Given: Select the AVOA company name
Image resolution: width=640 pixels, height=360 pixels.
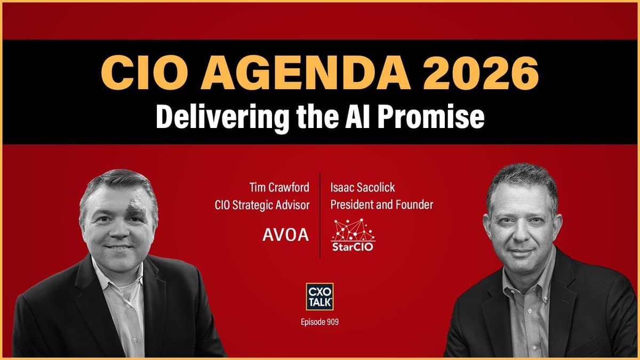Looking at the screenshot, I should point(286,235).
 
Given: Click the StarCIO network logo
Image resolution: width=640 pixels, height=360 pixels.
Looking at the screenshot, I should point(352,234).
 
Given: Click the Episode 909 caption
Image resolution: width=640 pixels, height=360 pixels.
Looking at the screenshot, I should point(320,322).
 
